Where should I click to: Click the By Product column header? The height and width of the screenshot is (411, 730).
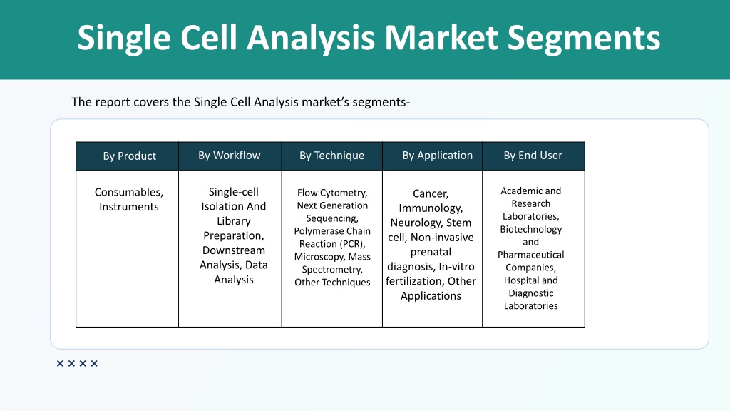tap(130, 156)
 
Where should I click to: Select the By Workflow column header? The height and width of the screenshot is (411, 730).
tap(230, 155)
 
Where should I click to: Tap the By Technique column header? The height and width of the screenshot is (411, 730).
tap(332, 155)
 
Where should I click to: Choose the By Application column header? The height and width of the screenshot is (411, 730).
tap(438, 155)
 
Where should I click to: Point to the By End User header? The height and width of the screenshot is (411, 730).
tap(533, 155)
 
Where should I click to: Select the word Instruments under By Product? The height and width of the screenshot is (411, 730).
tap(129, 206)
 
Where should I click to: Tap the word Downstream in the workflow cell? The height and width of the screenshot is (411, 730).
tap(234, 250)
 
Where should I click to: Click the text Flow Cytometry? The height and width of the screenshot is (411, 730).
tap(332, 193)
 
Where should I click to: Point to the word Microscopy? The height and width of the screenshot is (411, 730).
tap(319, 257)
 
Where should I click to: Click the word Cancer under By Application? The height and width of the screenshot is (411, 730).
tap(431, 194)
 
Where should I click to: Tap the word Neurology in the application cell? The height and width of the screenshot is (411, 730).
tap(416, 223)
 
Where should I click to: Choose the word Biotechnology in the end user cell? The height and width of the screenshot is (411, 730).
tap(530, 229)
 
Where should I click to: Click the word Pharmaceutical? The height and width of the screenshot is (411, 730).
tap(530, 255)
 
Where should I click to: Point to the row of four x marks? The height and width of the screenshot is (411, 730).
tap(77, 363)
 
